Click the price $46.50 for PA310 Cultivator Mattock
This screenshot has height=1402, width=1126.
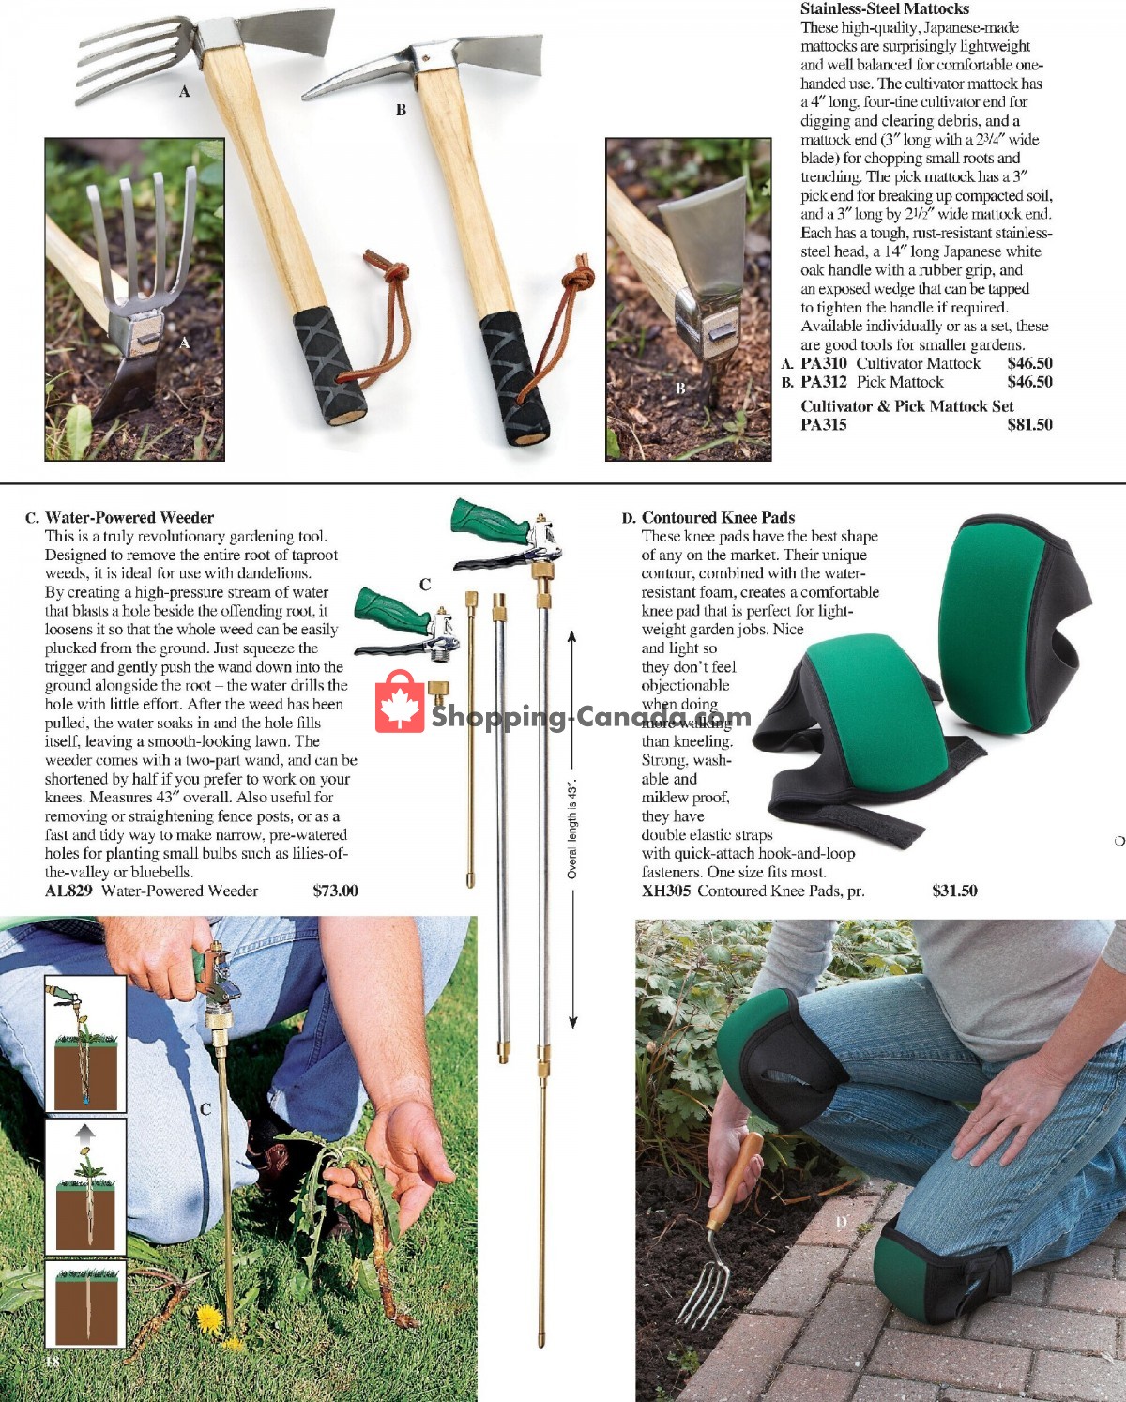pos(1029,363)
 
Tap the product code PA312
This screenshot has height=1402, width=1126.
pos(823,382)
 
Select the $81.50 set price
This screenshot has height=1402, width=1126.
pos(1029,424)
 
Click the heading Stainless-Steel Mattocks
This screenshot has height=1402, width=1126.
pos(884,8)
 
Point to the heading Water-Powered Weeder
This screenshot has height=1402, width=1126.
pos(129,517)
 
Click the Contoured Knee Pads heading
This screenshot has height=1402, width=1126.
pos(718,517)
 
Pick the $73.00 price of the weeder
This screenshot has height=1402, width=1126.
pos(335,891)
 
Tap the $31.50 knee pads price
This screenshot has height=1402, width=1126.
pos(954,891)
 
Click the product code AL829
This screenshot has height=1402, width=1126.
pos(68,891)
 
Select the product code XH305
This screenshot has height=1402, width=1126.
pos(665,891)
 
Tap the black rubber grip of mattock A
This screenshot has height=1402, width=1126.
pos(327,364)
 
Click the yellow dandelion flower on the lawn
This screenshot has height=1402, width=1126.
pos(208,1319)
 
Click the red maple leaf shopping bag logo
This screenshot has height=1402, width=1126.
pos(400,702)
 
